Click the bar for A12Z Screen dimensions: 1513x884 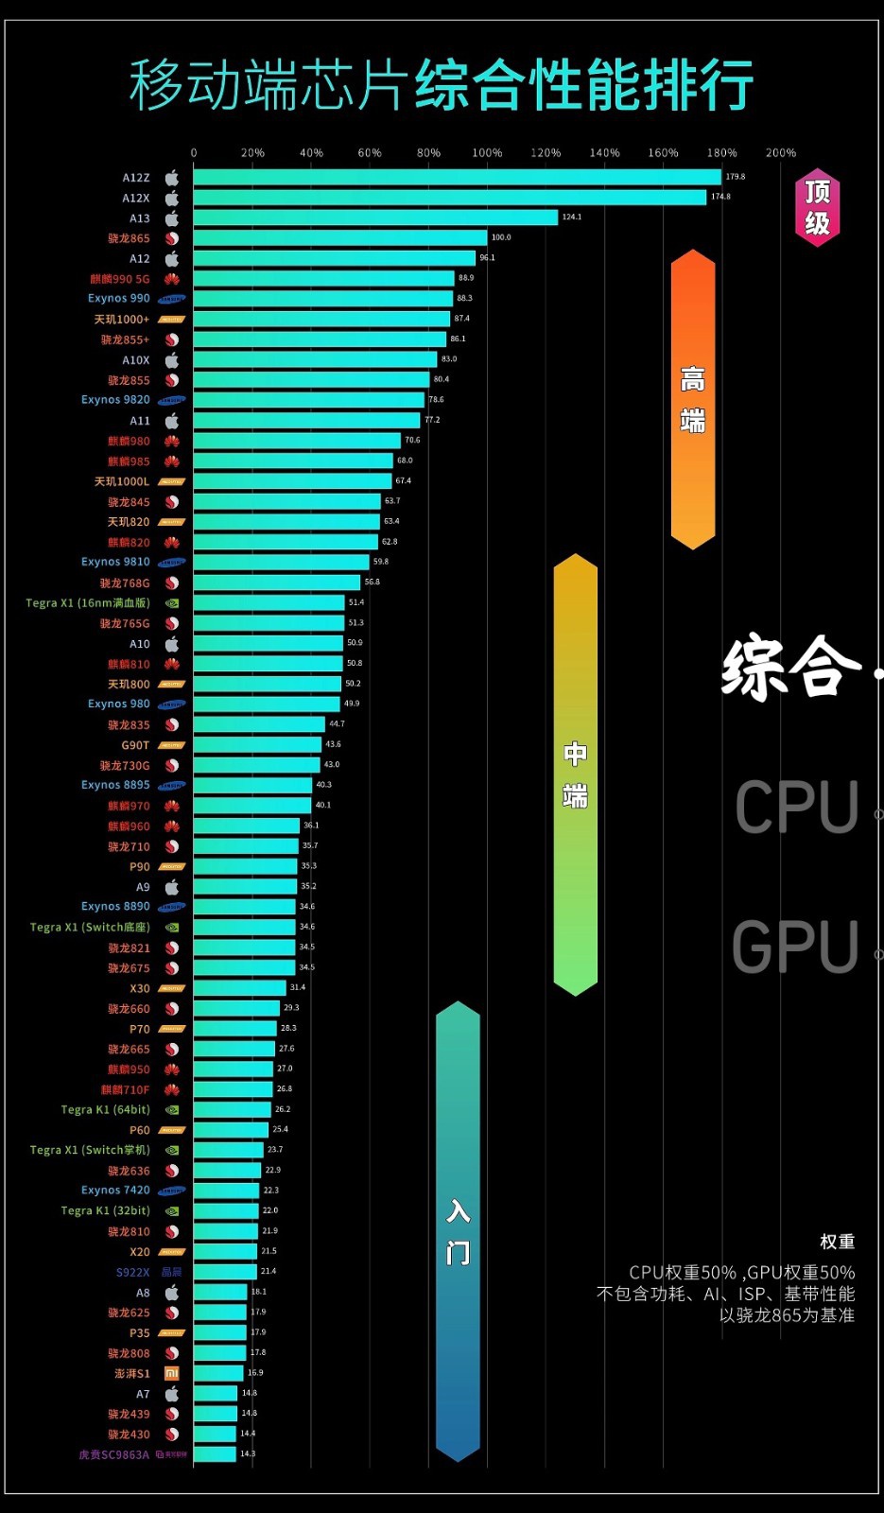point(457,177)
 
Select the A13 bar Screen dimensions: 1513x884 point(375,217)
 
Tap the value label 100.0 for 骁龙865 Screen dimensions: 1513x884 point(501,237)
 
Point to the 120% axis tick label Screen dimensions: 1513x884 point(546,152)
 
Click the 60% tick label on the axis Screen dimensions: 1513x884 point(370,152)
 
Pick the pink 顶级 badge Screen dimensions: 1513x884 point(817,207)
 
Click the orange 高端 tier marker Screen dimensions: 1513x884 point(692,399)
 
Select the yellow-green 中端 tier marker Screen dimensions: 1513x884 point(575,774)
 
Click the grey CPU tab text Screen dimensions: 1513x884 point(796,808)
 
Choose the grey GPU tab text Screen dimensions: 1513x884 point(795,947)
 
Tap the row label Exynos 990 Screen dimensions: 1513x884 point(119,298)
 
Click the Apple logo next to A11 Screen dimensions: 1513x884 point(172,421)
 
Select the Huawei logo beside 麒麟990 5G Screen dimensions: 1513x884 point(172,279)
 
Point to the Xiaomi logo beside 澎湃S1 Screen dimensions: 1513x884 point(172,1373)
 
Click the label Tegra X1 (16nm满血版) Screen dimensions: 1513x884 point(88,602)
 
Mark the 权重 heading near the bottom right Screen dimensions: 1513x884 point(837,1242)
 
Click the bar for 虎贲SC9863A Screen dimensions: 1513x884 point(215,1454)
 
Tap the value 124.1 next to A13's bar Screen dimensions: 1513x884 point(572,217)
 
